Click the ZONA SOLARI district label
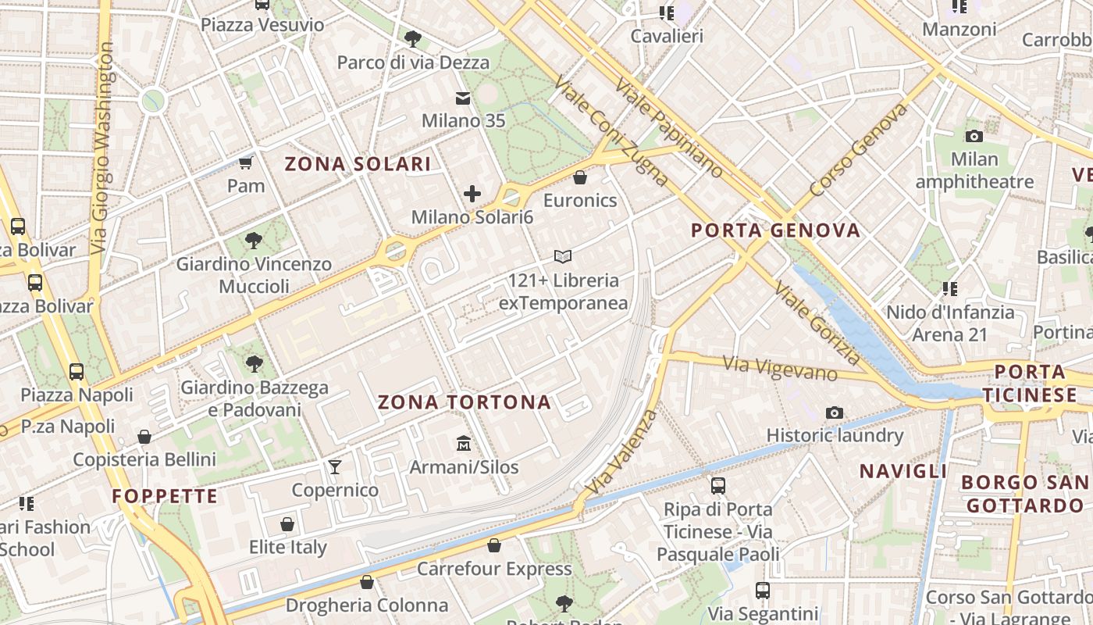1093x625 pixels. point(358,164)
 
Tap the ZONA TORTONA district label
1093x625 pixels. point(465,402)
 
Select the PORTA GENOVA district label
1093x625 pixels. point(775,230)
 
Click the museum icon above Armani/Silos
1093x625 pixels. point(464,444)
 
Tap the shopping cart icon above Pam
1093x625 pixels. point(246,162)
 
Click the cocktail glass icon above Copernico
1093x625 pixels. point(335,466)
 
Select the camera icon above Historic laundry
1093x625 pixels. point(835,412)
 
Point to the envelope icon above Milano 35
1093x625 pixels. point(463,98)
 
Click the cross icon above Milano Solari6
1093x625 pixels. point(472,194)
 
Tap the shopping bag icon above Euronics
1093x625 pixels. point(580,177)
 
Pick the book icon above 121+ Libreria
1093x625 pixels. point(563,256)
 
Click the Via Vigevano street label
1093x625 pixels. point(780,368)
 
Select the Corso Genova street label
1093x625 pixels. point(860,151)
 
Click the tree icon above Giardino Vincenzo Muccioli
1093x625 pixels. point(254,240)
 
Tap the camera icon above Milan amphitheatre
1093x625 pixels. point(974,136)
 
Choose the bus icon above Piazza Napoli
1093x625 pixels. point(77,371)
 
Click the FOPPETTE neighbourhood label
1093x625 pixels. point(165,496)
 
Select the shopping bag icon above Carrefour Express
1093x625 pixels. point(494,545)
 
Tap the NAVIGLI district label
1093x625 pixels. point(903,471)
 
